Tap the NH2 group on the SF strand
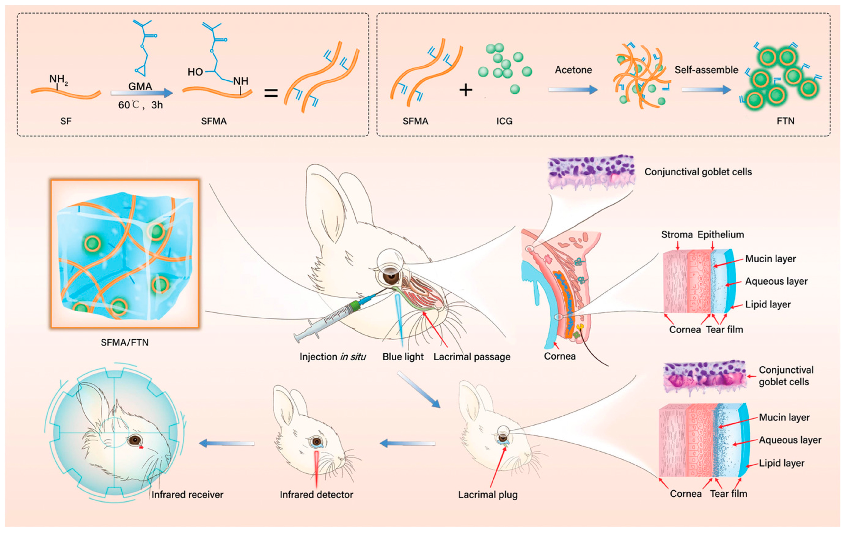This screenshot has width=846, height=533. (x=58, y=79)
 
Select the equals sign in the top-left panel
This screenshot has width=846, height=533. (x=271, y=93)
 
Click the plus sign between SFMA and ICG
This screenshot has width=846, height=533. (x=466, y=90)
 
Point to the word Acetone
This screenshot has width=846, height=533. (x=573, y=70)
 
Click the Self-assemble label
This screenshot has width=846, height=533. (x=706, y=70)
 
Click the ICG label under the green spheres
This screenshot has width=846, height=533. (x=504, y=121)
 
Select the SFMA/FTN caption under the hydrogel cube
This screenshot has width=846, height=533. (x=124, y=342)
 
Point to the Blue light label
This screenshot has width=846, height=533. (x=403, y=357)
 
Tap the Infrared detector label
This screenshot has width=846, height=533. (x=316, y=495)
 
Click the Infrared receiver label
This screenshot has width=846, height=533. (x=187, y=495)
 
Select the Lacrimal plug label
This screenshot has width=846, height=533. (x=488, y=495)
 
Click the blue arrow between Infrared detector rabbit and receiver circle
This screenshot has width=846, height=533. (x=227, y=443)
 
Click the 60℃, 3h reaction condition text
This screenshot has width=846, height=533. (x=140, y=105)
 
